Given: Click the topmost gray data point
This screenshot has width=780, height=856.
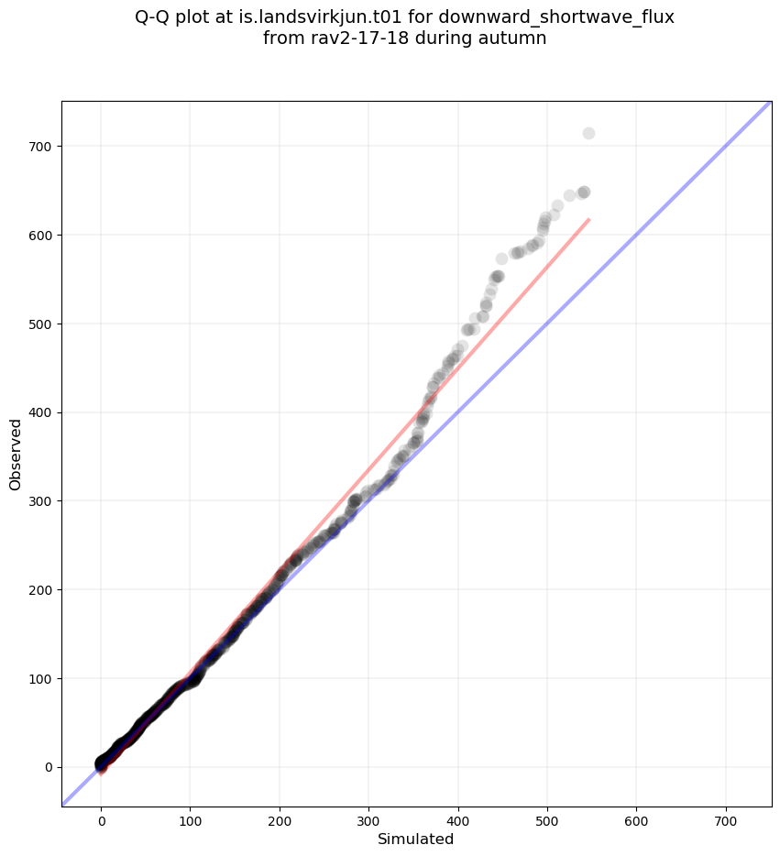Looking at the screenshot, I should click(588, 133).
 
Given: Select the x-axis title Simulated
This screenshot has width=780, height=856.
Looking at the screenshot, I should click(416, 839).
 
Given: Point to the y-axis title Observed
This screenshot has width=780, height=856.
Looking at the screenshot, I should click(16, 454).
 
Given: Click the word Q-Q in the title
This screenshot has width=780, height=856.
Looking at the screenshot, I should click(155, 17).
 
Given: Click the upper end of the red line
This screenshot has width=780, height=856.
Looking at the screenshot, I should click(588, 220).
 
